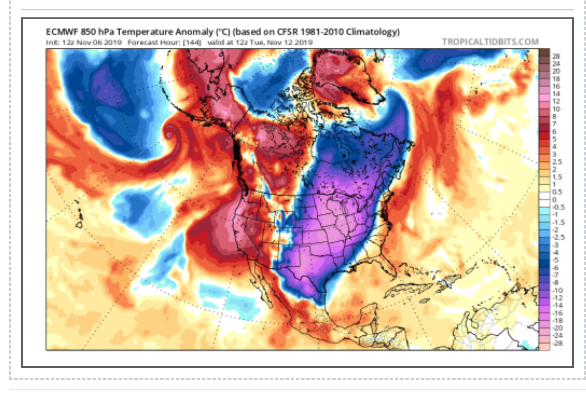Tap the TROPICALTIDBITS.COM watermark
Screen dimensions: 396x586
click(490, 42)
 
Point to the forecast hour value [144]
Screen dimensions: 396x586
click(192, 43)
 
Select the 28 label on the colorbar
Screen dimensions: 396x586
click(556, 56)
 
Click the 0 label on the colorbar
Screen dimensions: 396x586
click(554, 200)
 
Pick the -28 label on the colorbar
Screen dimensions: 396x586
click(557, 343)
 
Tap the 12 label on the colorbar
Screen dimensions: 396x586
click(556, 101)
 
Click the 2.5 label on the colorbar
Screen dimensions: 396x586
click(557, 162)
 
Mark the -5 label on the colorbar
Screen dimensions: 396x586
click(555, 260)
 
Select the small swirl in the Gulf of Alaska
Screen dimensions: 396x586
click(169, 132)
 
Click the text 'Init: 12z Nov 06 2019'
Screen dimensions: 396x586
click(84, 43)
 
